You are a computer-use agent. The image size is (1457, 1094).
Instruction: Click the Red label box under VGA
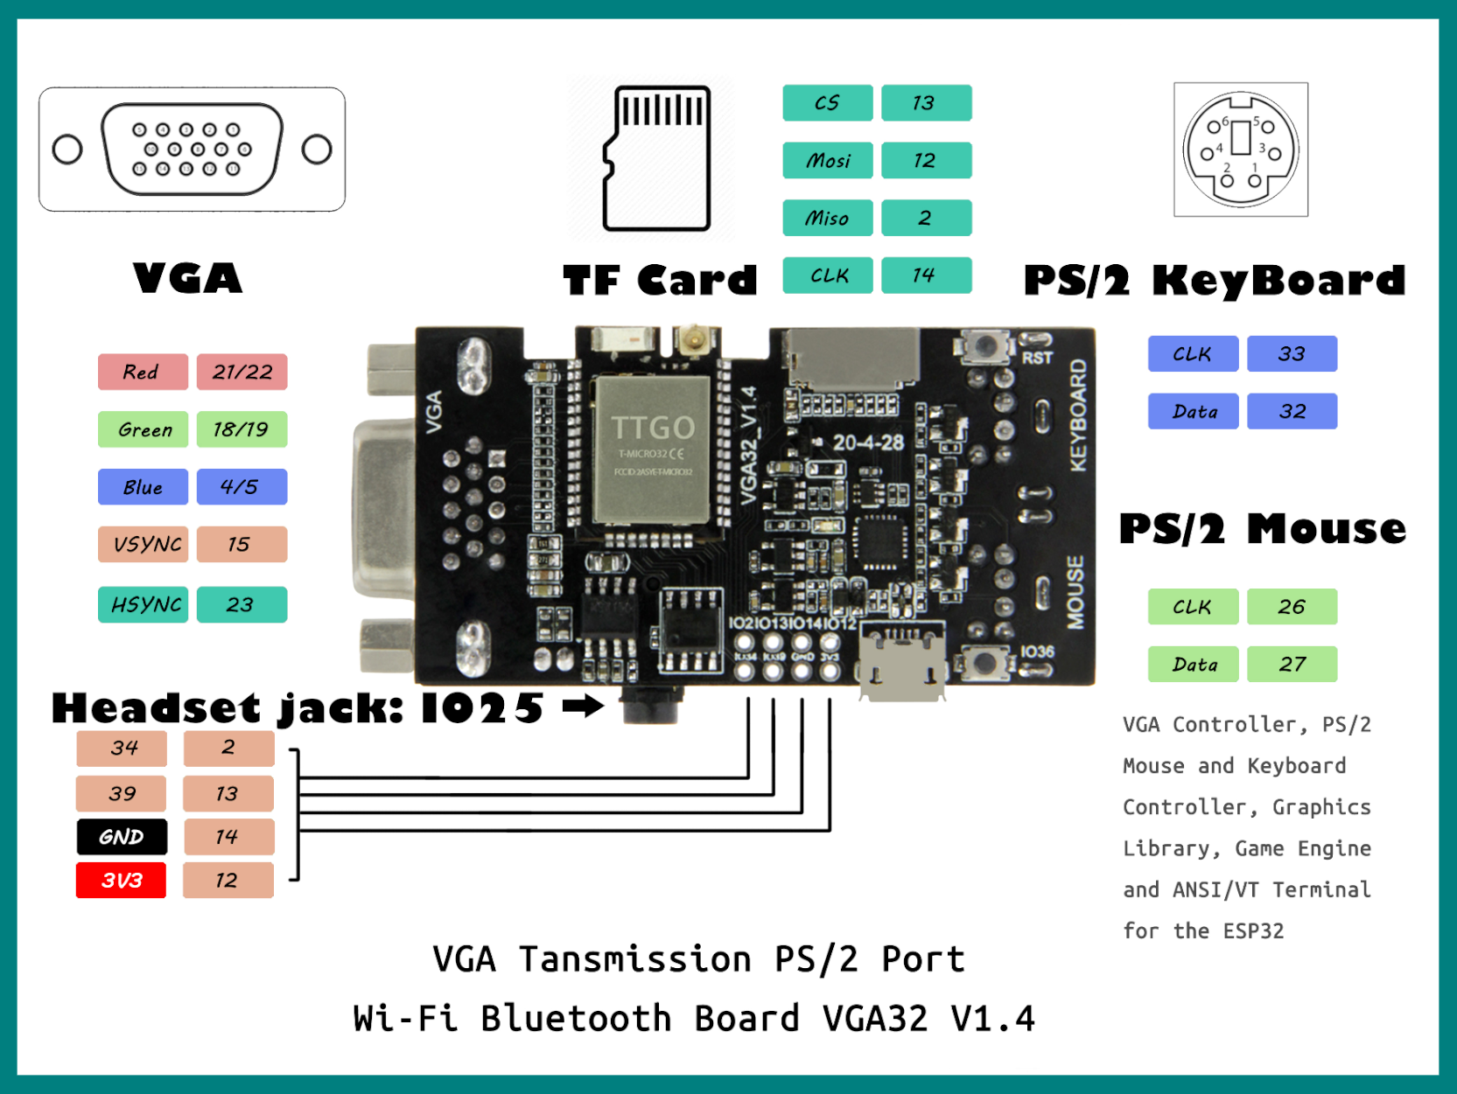coord(143,373)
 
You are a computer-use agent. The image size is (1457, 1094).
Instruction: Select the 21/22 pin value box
coord(242,373)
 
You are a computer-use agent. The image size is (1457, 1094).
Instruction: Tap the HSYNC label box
coord(143,605)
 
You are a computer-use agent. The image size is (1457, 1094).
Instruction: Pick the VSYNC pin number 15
coord(242,545)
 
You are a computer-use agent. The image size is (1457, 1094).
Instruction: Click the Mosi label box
coord(827,161)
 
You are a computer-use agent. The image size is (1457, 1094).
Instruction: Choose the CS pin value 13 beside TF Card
coord(926,103)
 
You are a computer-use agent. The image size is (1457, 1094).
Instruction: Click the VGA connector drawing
coord(192,150)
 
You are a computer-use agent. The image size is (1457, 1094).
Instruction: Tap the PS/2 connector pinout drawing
coord(1240,150)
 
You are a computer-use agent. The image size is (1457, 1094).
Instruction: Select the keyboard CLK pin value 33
coord(1292,354)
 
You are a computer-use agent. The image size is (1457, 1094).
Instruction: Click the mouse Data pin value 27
coord(1292,665)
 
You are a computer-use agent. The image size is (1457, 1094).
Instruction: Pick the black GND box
coord(122,837)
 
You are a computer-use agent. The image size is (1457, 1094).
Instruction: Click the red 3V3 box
coord(122,881)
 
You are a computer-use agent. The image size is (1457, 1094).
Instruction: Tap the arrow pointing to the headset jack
coord(583,706)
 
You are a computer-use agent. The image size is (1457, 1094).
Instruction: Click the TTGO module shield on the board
coord(652,449)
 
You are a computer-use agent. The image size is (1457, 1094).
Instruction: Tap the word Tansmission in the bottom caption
coord(634,959)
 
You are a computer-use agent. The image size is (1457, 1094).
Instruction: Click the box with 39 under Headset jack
coord(122,794)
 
